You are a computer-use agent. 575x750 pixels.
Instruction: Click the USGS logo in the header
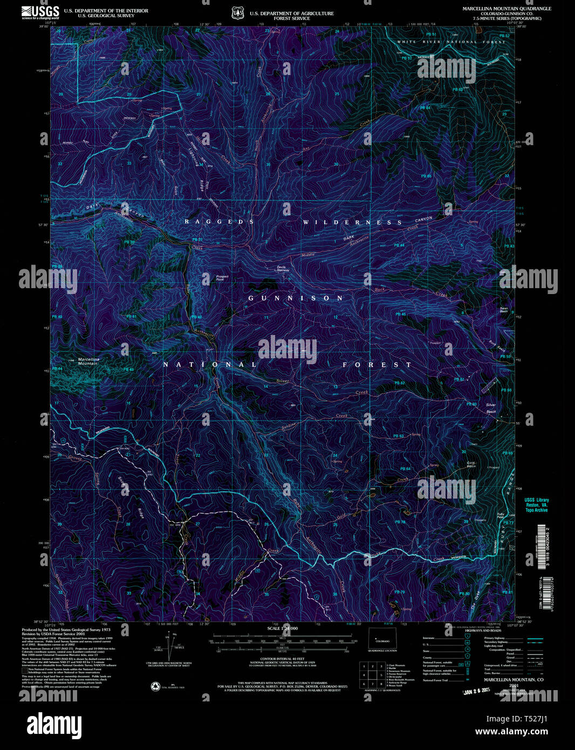[x=40, y=13]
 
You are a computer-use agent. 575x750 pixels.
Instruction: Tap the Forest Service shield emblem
[x=237, y=13]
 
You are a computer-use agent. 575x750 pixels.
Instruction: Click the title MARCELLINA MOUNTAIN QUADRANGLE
[x=506, y=9]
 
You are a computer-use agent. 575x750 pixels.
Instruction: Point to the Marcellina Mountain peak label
[x=88, y=361]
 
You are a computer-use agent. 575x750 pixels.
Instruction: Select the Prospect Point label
[x=222, y=278]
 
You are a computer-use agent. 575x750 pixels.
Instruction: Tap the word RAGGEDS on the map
[x=218, y=222]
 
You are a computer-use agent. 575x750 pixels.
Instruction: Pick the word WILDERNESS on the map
[x=352, y=222]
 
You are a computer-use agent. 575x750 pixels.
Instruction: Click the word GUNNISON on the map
[x=296, y=298]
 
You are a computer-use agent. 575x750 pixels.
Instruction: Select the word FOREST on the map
[x=377, y=365]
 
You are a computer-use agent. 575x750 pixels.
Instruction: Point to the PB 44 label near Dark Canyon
[x=399, y=246]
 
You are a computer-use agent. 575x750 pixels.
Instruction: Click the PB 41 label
[x=131, y=317]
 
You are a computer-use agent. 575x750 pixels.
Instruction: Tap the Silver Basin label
[x=491, y=408]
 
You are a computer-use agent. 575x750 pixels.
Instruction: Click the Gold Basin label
[x=471, y=464]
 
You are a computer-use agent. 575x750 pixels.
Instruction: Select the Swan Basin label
[x=504, y=310]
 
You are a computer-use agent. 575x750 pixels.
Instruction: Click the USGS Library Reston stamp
[x=536, y=504]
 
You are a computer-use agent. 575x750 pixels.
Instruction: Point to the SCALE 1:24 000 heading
[x=282, y=629]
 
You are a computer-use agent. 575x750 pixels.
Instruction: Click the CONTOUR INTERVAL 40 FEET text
[x=283, y=659]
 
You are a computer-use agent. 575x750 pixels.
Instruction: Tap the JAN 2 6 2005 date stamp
[x=479, y=690]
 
